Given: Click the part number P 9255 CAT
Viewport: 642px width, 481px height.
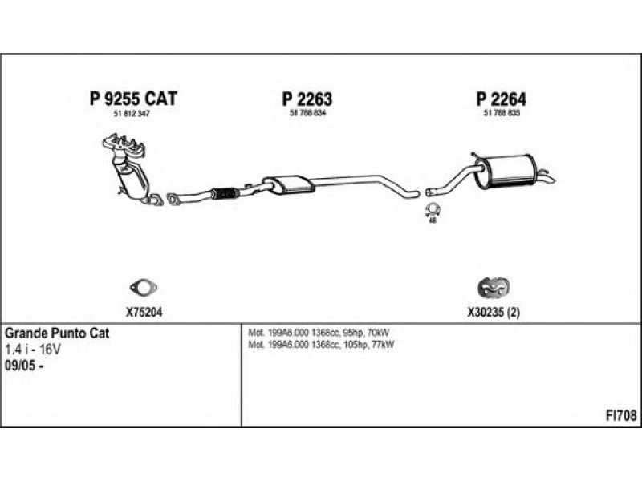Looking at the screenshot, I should pyautogui.click(x=132, y=99).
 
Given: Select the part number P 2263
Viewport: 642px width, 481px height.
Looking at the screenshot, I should pyautogui.click(x=307, y=99).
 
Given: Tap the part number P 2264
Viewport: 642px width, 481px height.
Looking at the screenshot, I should pyautogui.click(x=502, y=99).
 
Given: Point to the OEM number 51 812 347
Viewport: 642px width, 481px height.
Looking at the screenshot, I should pyautogui.click(x=132, y=114).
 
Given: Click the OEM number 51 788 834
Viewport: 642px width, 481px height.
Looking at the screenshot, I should pyautogui.click(x=307, y=114).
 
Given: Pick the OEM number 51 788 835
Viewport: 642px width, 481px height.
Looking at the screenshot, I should pyautogui.click(x=502, y=114).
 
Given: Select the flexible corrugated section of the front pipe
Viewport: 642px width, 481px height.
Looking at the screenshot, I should pyautogui.click(x=226, y=192).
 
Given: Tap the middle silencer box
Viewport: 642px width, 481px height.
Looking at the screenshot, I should pyautogui.click(x=286, y=184).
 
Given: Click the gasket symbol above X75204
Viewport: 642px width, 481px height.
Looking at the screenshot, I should pyautogui.click(x=143, y=287).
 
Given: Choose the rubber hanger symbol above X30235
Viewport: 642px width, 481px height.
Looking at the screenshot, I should pyautogui.click(x=494, y=288).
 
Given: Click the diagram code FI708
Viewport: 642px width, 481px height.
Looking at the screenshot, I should pyautogui.click(x=621, y=415).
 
